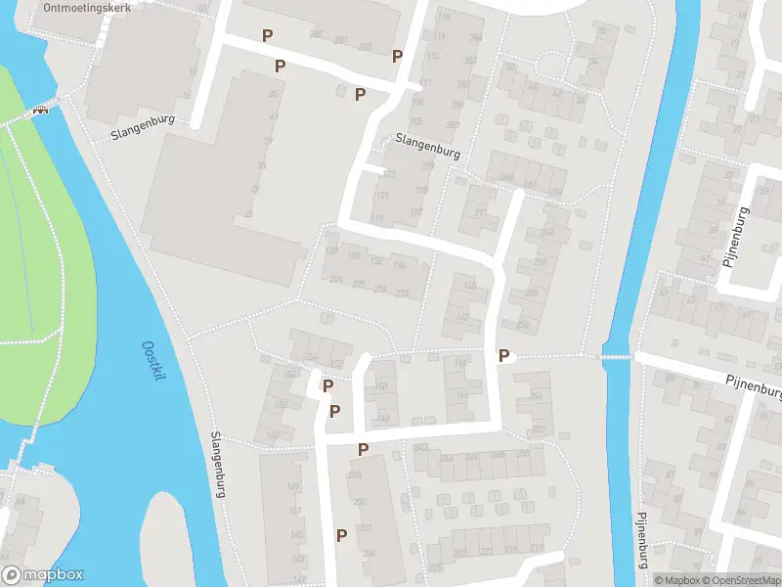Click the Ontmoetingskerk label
[87, 5]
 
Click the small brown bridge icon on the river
[40, 110]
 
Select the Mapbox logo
[43, 575]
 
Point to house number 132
[376, 261]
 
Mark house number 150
[381, 387]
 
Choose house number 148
[383, 419]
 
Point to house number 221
[486, 551]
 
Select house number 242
[421, 447]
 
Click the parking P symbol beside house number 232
[341, 535]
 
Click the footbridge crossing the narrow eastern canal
[616, 357]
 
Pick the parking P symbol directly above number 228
[363, 449]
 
